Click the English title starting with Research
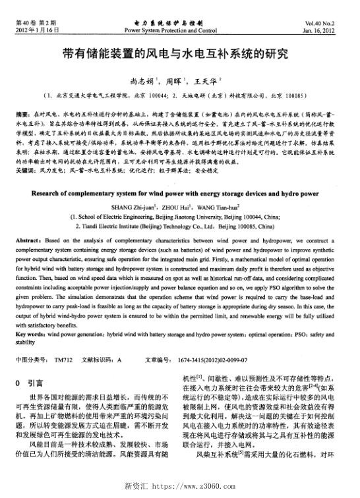pyautogui.click(x=179, y=196)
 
